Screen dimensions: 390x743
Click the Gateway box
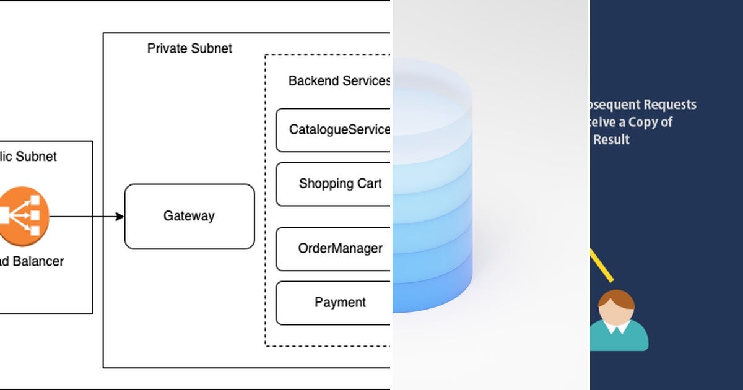point(189,216)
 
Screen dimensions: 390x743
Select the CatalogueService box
point(334,130)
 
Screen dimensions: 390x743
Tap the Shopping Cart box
point(334,184)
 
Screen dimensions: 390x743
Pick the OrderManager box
point(334,249)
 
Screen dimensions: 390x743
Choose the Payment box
point(334,303)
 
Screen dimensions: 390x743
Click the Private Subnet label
point(189,48)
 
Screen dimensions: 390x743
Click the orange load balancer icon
point(23,216)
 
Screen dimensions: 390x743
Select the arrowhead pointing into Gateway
point(120,216)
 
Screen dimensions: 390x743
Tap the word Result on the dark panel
point(611,140)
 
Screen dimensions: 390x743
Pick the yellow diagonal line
point(601,265)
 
